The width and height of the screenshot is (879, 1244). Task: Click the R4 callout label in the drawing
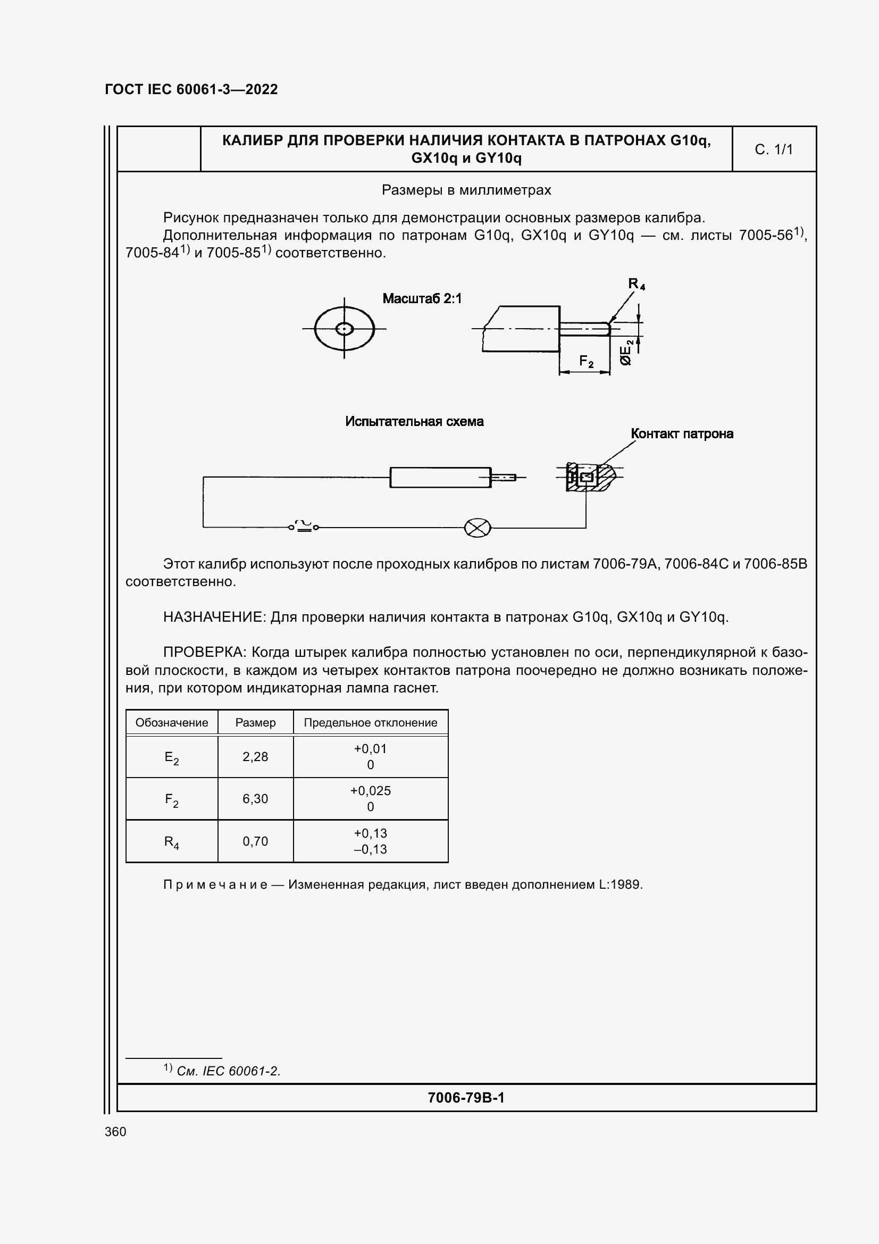point(636,284)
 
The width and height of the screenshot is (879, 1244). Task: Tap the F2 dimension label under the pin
point(586,361)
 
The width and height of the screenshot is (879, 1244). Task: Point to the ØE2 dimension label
point(626,353)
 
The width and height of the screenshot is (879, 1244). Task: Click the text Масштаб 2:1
point(422,298)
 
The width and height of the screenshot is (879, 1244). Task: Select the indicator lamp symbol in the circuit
point(477,528)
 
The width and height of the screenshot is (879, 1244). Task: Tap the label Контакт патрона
point(681,433)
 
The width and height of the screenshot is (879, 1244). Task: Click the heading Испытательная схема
point(414,422)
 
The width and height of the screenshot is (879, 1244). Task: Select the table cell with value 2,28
point(255,757)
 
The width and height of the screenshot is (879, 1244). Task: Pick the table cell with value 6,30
point(255,799)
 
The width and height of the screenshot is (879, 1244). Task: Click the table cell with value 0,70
point(255,841)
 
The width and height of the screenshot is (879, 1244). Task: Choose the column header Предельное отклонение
point(371,723)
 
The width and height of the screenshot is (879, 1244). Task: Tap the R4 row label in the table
point(172,842)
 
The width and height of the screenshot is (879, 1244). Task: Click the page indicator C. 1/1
point(773,149)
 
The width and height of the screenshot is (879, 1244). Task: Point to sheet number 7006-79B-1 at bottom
point(466,1098)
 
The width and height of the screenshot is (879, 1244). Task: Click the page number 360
point(115,1132)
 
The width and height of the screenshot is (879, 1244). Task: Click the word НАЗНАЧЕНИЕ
point(214,617)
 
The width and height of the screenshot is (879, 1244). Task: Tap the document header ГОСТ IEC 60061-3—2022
point(191,89)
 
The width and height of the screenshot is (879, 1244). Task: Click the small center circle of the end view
point(345,329)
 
